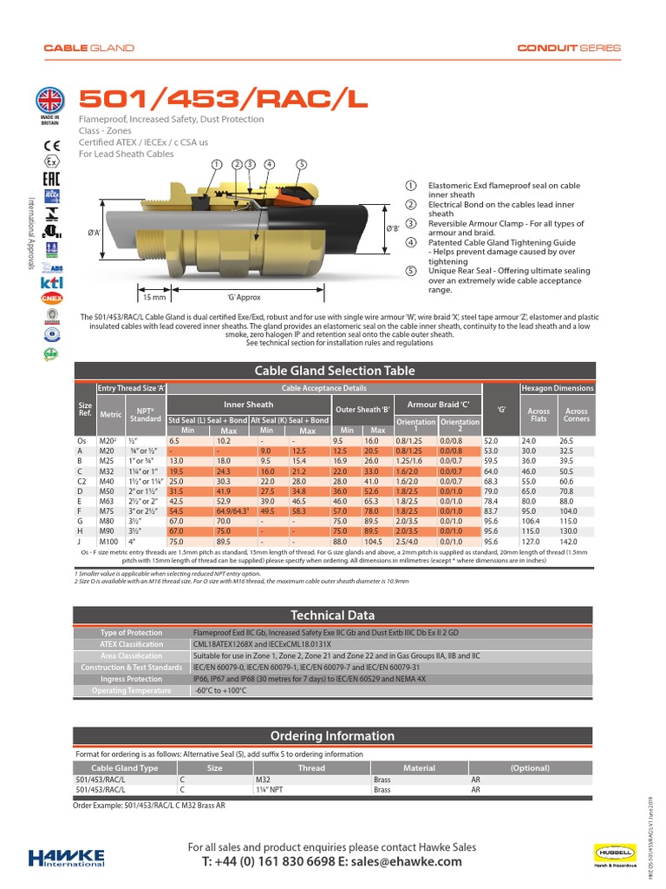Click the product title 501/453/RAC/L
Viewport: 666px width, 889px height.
223,100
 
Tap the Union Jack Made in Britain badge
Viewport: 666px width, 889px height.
51,101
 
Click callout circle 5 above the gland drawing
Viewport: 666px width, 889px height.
301,164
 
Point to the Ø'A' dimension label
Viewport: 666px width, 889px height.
95,232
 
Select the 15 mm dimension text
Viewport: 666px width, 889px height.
153,298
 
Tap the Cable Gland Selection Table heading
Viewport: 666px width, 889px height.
334,371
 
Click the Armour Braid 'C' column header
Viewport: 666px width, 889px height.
438,404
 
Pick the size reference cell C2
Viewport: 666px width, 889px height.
83,480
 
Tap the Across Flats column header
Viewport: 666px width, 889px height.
539,415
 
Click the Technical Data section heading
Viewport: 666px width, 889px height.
334,615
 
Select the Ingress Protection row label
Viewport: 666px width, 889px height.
132,679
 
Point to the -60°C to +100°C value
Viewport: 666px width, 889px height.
221,690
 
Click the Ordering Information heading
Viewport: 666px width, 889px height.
334,736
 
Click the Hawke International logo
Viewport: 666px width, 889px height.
66,856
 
